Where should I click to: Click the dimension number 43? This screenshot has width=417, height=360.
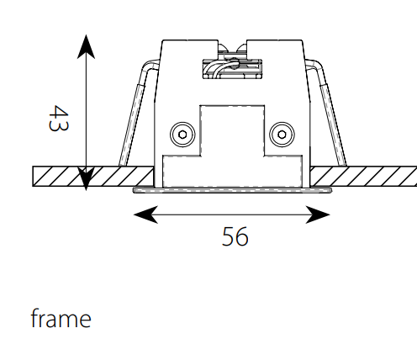(x=58, y=118)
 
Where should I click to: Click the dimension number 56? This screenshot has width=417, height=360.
(x=235, y=236)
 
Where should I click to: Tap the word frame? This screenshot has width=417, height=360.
(x=61, y=318)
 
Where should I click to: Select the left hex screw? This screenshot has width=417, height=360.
(x=182, y=135)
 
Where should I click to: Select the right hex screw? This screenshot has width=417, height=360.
(x=282, y=135)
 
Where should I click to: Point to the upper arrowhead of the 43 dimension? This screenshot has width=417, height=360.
(x=86, y=46)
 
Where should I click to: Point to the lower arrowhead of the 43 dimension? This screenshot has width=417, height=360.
(x=86, y=179)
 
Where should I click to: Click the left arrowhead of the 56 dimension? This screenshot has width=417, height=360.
(x=145, y=214)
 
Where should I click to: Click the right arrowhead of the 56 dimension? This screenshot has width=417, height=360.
(x=318, y=214)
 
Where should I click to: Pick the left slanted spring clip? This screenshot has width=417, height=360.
(x=137, y=112)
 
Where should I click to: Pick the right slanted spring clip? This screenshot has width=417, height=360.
(x=327, y=112)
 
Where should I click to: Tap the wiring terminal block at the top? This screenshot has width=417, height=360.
(x=232, y=69)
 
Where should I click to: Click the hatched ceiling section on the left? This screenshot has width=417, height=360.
(x=93, y=176)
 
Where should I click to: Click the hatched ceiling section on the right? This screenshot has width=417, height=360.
(x=363, y=176)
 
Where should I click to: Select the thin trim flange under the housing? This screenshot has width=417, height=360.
(x=232, y=190)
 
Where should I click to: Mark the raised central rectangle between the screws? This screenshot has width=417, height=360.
(x=232, y=130)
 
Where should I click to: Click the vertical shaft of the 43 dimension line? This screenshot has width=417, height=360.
(x=86, y=113)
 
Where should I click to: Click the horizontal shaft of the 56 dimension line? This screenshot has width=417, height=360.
(x=232, y=214)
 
